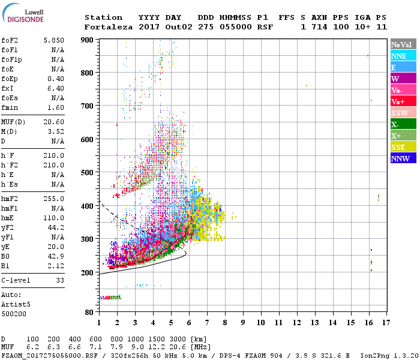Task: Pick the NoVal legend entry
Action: [402, 44]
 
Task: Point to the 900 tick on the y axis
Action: [88, 40]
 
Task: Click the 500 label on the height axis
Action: [88, 173]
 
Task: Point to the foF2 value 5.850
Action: [53, 40]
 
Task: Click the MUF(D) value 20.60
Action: [53, 122]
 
